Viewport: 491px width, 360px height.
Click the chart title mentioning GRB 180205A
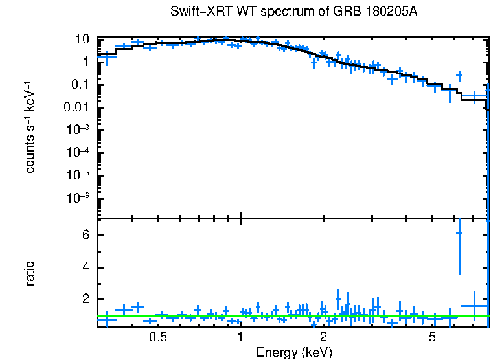click(297, 12)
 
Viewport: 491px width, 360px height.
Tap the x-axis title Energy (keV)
click(294, 352)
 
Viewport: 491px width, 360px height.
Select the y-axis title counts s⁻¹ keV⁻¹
click(30, 128)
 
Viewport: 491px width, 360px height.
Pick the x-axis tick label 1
click(240, 338)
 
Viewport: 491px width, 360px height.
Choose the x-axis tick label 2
click(323, 338)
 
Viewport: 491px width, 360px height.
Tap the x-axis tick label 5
click(433, 338)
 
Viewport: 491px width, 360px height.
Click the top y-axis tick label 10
click(82, 39)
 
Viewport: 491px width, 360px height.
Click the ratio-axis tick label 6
click(84, 235)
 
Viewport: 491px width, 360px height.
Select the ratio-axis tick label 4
click(84, 267)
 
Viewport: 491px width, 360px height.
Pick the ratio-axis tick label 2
click(84, 299)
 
